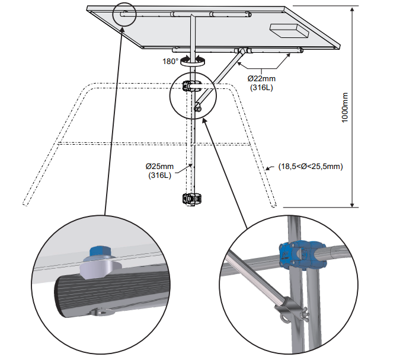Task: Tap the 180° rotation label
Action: tap(171, 60)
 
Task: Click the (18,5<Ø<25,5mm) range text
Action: tap(311, 167)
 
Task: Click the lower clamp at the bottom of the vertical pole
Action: tap(191, 198)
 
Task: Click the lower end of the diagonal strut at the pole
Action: tap(197, 108)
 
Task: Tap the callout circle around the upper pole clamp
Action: tap(191, 93)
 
